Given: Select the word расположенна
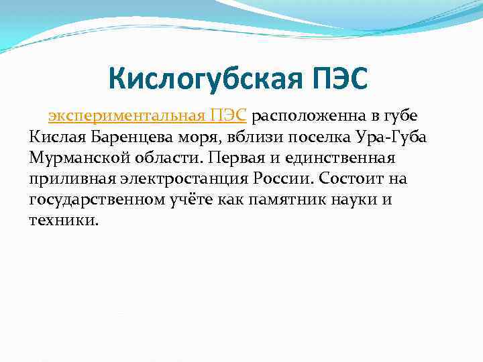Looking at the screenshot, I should coord(313,116).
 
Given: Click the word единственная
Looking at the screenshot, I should coord(350,159).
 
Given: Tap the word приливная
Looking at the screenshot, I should coord(70,180).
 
